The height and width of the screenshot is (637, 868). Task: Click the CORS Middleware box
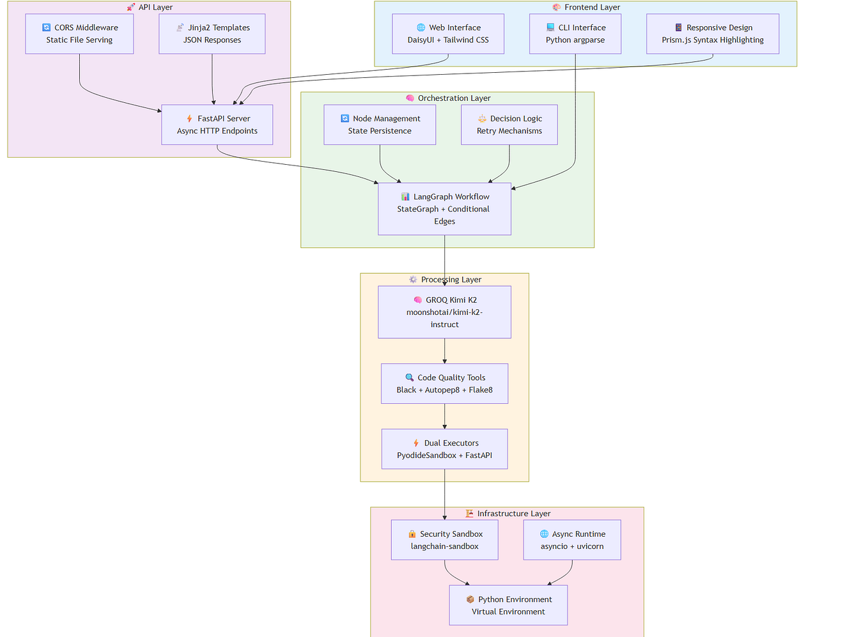79,34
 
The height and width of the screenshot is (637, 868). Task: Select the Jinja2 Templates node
212,34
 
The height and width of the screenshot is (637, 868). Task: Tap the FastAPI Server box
217,125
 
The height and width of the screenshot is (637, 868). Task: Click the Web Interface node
447,34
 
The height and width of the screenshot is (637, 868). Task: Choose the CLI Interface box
575,34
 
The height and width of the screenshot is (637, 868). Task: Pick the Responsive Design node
712,34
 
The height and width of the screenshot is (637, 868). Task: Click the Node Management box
380,125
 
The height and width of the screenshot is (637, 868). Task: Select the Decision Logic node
509,125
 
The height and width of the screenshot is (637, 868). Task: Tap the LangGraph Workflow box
444,209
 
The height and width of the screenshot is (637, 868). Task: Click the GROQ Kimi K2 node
444,312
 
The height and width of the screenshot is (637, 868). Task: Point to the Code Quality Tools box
444,383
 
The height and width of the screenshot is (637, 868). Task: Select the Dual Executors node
444,449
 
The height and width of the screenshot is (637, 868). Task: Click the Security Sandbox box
444,540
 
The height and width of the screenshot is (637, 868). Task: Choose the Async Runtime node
571,540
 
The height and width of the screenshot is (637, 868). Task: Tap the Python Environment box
508,605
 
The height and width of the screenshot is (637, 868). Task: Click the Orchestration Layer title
454,98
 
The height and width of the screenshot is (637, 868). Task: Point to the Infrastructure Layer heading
513,514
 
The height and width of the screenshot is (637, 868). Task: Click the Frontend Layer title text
592,8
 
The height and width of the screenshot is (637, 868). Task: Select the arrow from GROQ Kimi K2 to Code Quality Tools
444,351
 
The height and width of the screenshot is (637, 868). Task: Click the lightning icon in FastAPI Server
189,119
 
